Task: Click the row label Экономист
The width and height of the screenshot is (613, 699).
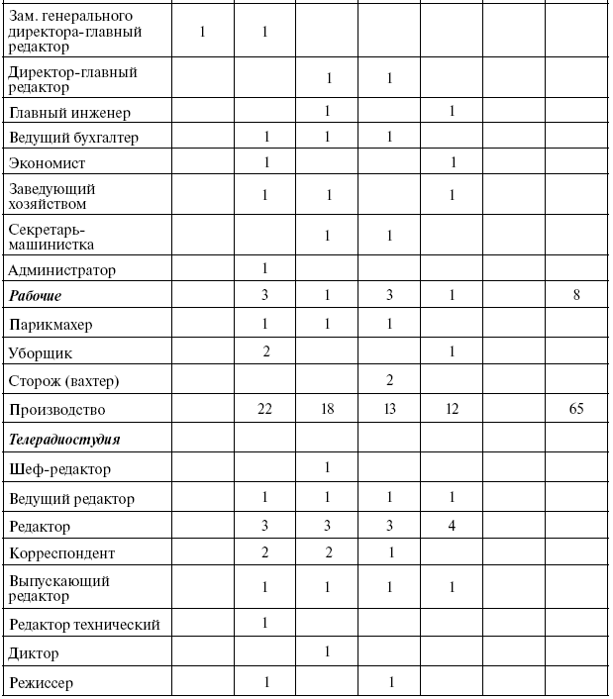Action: pos(47,161)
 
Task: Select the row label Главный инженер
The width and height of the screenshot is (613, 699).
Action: pos(68,113)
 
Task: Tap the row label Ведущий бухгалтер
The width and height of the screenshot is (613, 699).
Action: pos(73,137)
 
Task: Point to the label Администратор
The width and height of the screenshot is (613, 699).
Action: pos(61,269)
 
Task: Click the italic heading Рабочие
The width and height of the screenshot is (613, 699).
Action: pos(36,296)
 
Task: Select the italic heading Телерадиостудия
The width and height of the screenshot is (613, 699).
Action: pos(64,438)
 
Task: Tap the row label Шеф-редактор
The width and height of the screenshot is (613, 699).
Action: pos(58,468)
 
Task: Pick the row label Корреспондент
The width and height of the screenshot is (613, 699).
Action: pos(61,553)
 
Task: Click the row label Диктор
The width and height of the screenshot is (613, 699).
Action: pos(34,653)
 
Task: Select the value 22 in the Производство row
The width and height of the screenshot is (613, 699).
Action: pos(264,410)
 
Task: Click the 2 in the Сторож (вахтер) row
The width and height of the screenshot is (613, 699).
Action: pos(389,381)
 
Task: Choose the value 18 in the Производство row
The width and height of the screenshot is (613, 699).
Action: pos(327,410)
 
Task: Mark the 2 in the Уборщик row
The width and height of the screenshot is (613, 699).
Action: pos(264,352)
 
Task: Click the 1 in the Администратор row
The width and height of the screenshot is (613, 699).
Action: pos(264,269)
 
